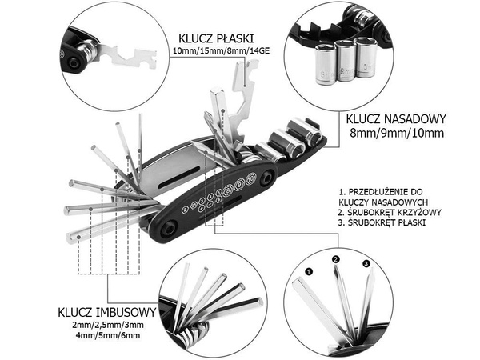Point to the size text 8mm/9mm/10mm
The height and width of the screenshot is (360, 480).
(394, 133)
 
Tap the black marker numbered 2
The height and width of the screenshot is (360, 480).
(336, 258)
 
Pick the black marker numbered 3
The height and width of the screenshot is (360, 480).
(366, 263)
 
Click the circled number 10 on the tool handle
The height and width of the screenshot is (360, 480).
(250, 178)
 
